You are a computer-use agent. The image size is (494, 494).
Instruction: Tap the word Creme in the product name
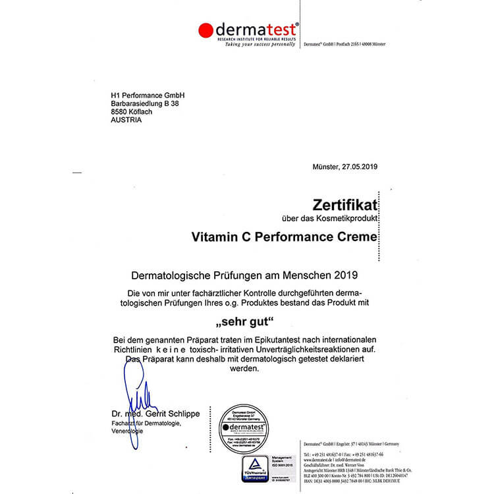click(x=360, y=236)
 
